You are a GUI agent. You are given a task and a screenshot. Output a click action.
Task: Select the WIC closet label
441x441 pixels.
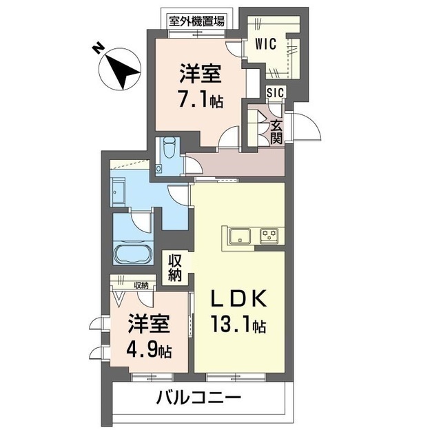click(265, 44)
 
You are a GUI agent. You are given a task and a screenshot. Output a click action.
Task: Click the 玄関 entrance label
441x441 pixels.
click(276, 132)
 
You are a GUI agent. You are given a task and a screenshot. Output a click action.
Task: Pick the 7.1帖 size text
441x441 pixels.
click(200, 101)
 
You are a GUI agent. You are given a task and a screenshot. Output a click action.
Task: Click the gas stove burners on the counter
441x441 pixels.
click(270, 236)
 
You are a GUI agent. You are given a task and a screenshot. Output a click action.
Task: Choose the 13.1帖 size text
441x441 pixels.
click(238, 325)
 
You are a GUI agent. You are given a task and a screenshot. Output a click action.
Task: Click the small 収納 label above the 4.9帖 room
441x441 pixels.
click(141, 285)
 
